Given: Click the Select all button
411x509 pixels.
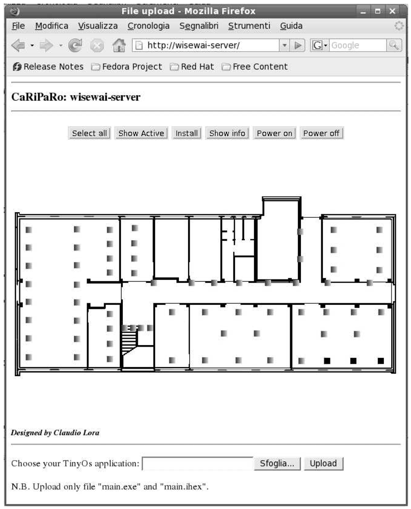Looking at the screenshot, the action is tap(89, 133).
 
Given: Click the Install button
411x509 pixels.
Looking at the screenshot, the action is tap(187, 133).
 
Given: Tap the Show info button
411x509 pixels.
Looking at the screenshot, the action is tap(227, 133).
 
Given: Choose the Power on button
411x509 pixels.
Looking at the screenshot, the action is tap(274, 133).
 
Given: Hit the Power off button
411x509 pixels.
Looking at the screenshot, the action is tap(321, 133).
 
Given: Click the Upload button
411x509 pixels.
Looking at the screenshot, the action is tap(323, 463).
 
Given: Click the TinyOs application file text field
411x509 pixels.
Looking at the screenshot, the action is tap(198, 463).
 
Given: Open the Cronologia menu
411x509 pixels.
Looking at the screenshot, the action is tap(148, 25).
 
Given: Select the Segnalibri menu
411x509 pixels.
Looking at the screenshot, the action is tap(199, 25).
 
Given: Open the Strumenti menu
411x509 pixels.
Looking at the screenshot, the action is tap(249, 25).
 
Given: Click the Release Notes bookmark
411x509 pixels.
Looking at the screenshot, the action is tap(48, 67).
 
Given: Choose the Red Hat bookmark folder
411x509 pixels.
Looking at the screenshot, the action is tap(192, 67).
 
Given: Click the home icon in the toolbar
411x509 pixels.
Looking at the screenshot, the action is tap(119, 45).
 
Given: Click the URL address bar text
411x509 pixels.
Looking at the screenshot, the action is tap(193, 45).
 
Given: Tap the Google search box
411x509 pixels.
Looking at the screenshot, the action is tap(358, 45).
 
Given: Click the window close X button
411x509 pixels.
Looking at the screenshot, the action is tap(393, 11).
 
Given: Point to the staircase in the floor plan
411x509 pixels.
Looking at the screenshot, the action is tap(130, 340).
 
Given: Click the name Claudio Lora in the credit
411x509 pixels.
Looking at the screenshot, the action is tap(76, 432).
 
